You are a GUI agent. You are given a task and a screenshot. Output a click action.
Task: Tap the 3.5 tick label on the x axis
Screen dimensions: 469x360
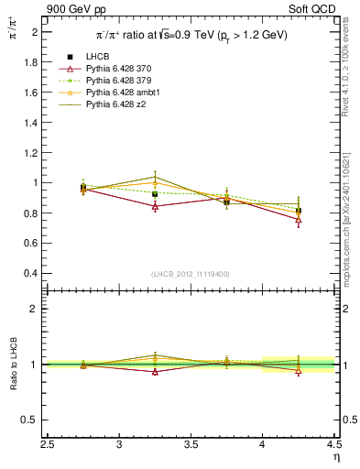click(191, 444)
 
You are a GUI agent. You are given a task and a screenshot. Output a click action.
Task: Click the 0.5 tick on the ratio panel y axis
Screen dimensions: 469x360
click(33, 420)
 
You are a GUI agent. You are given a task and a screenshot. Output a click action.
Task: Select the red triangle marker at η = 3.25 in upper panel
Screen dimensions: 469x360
click(155, 207)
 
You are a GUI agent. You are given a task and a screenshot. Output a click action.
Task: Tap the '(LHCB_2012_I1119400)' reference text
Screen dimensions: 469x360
click(191, 274)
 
